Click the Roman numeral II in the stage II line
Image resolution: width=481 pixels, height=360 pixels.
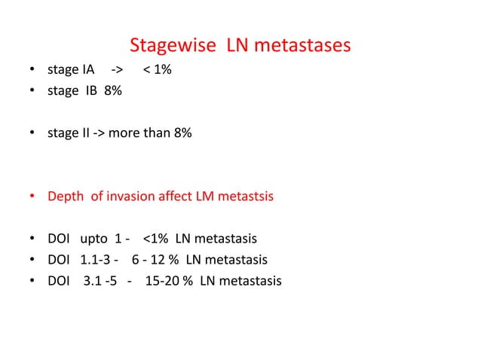(85, 133)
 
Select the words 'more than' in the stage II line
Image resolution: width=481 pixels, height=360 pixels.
(140, 133)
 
